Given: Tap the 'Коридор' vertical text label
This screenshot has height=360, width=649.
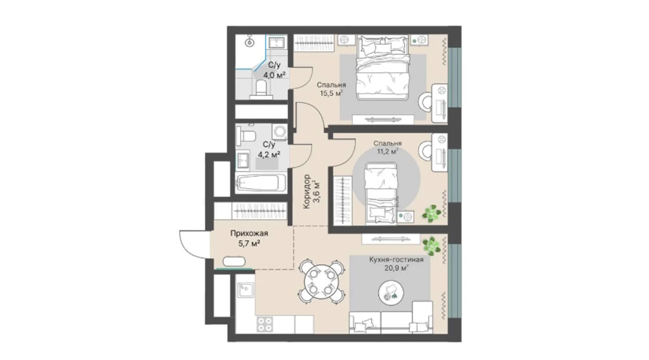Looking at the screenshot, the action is coord(307,191).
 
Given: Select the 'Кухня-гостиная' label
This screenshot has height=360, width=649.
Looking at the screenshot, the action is coord(396,260).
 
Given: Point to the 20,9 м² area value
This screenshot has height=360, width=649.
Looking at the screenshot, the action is coord(396,268).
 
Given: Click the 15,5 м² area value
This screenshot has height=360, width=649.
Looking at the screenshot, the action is coord(332,93).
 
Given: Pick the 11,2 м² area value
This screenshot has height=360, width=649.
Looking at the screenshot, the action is coord(387,151).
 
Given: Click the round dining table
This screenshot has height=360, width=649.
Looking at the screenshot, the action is coord(321,282).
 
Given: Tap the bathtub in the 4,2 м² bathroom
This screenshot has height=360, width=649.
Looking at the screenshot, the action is coord(260,183).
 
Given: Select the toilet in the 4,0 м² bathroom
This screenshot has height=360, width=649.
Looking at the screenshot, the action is coord(261,89).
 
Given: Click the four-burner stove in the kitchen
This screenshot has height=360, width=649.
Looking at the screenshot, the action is coord(265,324).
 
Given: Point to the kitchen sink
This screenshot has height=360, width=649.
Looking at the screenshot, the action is coord(245,290).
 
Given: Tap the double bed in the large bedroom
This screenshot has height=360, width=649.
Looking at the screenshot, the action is coord(383,67).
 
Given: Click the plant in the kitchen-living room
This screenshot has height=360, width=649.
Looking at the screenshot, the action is coord(431,245).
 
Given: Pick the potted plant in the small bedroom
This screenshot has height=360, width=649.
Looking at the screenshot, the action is coord(432,214).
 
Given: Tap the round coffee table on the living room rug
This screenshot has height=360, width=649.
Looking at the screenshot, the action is coord(390,293).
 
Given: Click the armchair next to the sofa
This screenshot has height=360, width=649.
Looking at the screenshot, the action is coord(421,317).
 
